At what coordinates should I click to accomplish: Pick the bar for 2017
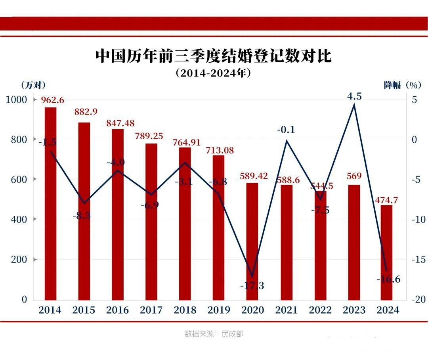click(x=151, y=222)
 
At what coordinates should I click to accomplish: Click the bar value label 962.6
click(x=53, y=100)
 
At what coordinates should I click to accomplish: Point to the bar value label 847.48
click(x=120, y=123)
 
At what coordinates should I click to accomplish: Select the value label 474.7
click(x=386, y=200)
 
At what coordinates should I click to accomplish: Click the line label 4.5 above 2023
click(x=354, y=96)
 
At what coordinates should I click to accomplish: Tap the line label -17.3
click(x=252, y=285)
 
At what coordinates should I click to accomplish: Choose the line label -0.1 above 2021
click(x=286, y=130)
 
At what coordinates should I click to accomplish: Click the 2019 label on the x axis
click(x=218, y=310)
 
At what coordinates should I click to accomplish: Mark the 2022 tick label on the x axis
click(x=320, y=310)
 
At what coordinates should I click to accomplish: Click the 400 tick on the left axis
click(x=19, y=219)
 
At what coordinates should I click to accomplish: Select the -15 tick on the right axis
click(x=418, y=260)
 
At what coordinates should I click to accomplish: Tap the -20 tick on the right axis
click(x=418, y=300)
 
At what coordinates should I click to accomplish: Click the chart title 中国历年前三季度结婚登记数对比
click(x=213, y=56)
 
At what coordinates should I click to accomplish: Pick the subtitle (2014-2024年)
click(x=213, y=74)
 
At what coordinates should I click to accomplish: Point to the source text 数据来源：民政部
click(x=214, y=334)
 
